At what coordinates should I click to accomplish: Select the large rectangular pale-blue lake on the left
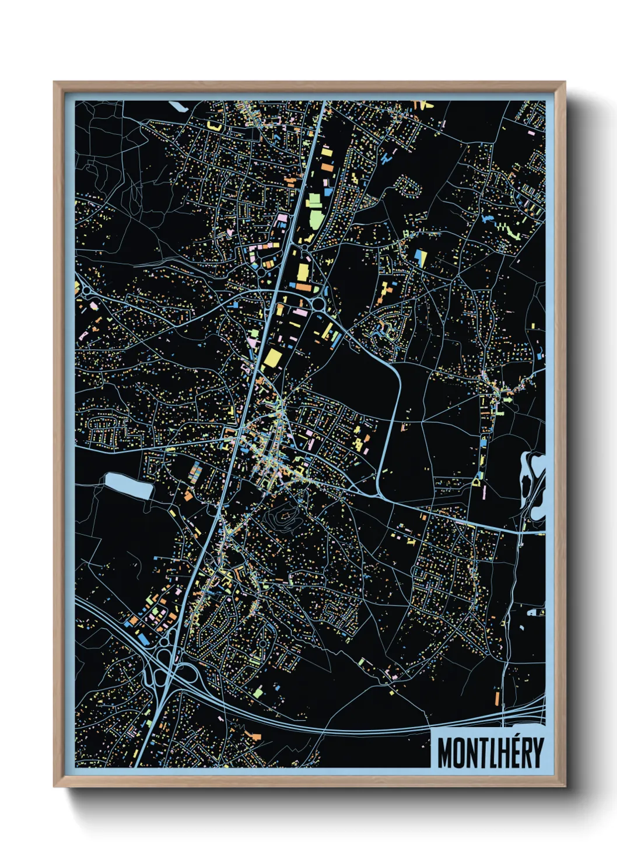tap(128, 486)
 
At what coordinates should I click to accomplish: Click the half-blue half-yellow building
tap(420, 258)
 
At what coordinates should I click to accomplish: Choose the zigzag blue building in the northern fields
tap(386, 156)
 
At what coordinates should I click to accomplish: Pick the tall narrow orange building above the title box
tap(497, 698)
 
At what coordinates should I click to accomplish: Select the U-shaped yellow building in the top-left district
tap(215, 125)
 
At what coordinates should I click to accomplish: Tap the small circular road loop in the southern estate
tap(263, 644)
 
